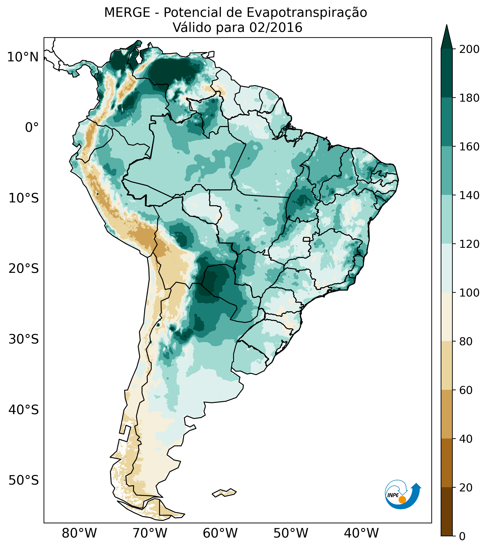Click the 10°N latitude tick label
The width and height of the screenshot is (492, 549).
[x=23, y=57]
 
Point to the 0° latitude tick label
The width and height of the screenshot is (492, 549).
[x=32, y=128]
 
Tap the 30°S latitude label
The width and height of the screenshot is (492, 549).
[x=24, y=340]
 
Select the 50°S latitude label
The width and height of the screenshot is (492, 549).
[x=24, y=481]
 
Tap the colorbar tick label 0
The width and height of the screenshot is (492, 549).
[x=463, y=536]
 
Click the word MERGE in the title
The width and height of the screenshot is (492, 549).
[x=127, y=13]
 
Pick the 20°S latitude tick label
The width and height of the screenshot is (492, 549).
[x=24, y=269]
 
